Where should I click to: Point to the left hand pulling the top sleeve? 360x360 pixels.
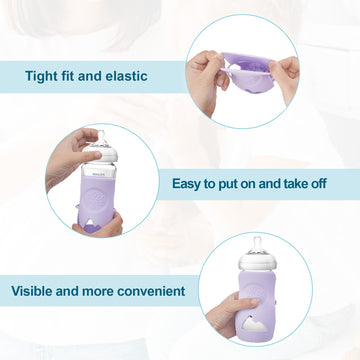(x=205, y=70)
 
